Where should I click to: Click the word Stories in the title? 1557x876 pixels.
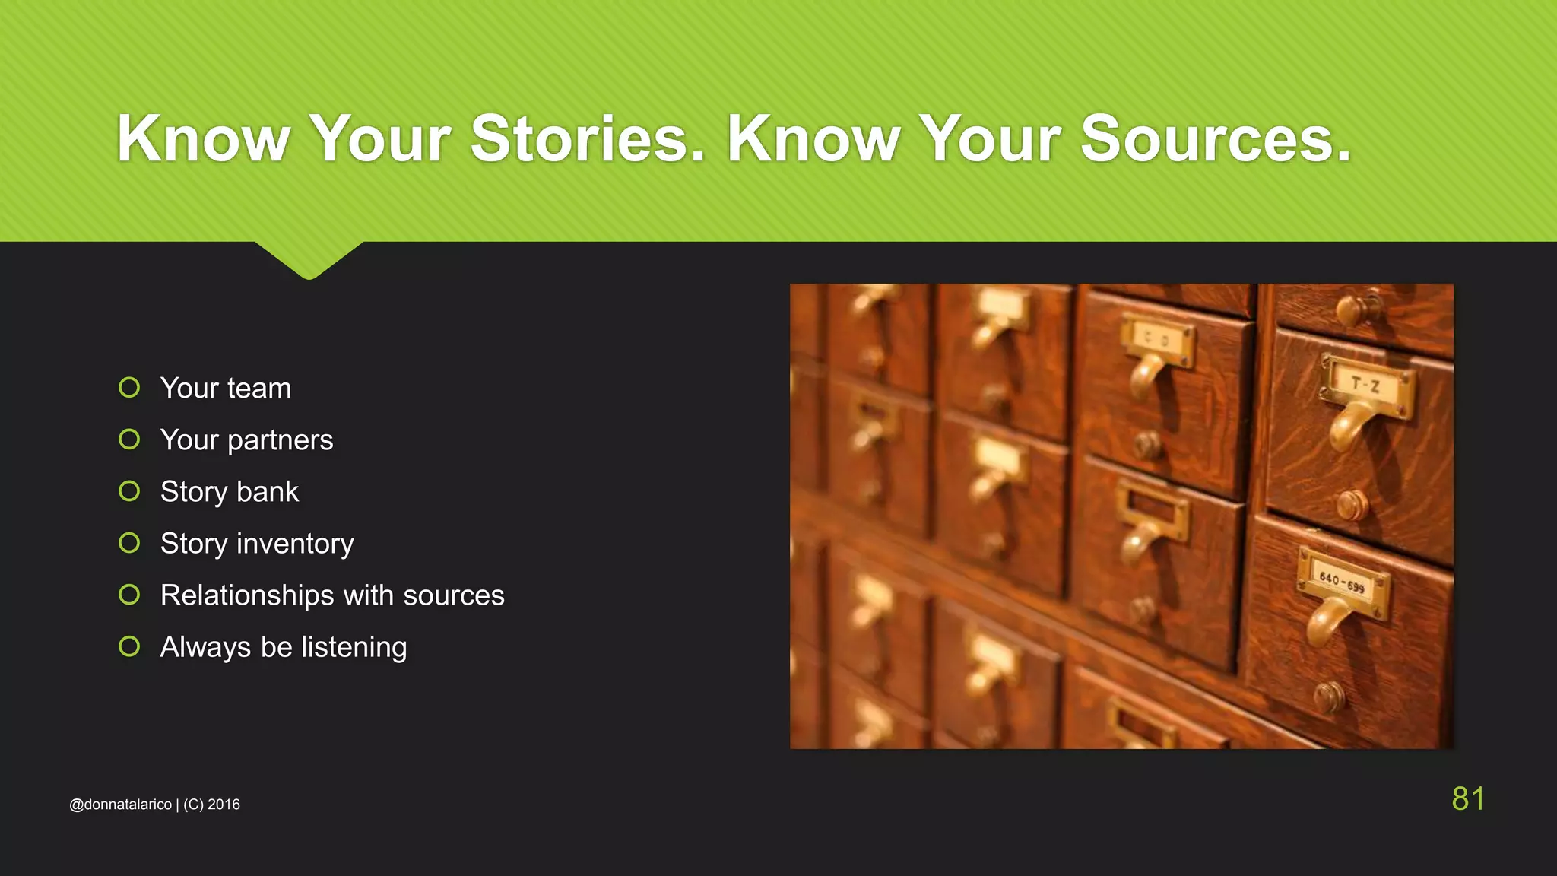[588, 138]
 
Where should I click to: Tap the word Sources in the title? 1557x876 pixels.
[1215, 138]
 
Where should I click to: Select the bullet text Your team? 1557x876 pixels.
[226, 389]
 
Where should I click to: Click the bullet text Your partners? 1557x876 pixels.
[246, 440]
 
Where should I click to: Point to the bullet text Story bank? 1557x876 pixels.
[230, 492]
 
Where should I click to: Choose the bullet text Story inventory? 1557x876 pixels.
[257, 544]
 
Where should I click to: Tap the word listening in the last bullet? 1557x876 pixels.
[354, 647]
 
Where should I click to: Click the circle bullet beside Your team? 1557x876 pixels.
[129, 388]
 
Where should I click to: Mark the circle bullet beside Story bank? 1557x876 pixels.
[129, 491]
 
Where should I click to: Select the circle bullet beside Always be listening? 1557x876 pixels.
[129, 646]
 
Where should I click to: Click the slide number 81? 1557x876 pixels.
[1468, 798]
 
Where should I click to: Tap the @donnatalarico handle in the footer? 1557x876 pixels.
[120, 805]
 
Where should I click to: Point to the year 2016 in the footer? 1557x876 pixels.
[224, 805]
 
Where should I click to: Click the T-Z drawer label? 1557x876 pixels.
[1366, 385]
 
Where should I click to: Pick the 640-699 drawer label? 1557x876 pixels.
[1342, 582]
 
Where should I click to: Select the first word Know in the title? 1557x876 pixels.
[204, 138]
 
